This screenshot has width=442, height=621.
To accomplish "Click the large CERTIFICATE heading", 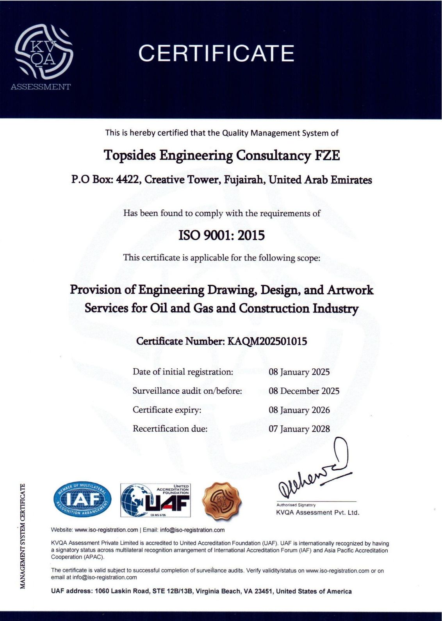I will [216, 53].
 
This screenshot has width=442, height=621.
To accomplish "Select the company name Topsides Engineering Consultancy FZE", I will [222, 155].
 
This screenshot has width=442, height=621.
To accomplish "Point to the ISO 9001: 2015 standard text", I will [221, 236].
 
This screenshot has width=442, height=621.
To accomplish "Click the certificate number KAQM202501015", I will [267, 341].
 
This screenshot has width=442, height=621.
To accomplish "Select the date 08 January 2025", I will [299, 372].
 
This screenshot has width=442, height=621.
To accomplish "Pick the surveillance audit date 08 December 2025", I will [304, 391].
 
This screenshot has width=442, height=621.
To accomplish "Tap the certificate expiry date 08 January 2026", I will [299, 410].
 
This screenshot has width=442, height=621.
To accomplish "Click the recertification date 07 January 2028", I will [299, 429].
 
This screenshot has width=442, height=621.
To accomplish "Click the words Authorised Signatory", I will [296, 505].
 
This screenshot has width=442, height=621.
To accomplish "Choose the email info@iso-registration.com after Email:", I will [192, 530].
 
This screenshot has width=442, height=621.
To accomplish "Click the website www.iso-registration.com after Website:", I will [106, 530].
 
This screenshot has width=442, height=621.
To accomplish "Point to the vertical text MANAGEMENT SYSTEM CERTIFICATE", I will [23, 536].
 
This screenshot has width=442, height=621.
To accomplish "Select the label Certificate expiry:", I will [167, 410].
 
